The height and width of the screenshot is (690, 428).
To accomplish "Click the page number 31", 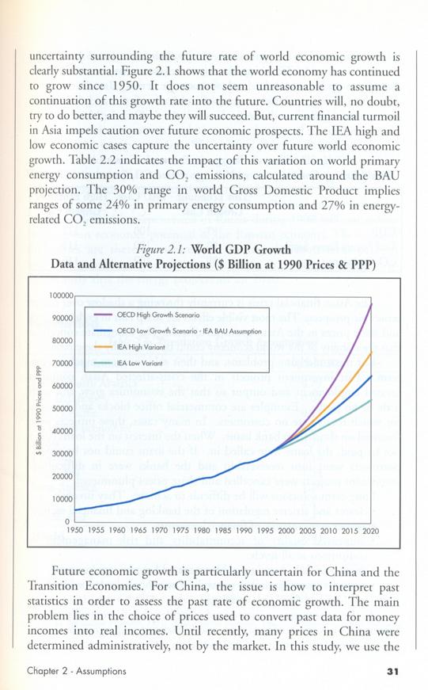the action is point(392,672).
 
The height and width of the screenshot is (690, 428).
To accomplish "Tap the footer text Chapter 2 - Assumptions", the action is point(77,671).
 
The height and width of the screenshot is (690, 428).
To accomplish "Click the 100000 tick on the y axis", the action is point(61,295).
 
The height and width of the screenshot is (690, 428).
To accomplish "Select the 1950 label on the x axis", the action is point(74,531).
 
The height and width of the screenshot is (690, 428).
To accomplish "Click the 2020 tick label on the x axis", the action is point(370,531).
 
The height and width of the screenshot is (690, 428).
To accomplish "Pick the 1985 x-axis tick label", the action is point(223,531).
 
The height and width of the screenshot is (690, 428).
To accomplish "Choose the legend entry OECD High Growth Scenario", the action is point(158,315).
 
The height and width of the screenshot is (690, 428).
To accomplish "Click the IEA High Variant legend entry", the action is point(141,347).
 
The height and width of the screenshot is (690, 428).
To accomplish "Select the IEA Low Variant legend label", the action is point(140,364).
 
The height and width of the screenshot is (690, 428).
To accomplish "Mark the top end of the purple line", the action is point(372,303).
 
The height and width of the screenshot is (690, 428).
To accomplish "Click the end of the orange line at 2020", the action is point(372,352).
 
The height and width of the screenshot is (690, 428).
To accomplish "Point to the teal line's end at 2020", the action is point(372,400).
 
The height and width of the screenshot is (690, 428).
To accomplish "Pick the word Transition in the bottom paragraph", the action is point(53,586).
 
